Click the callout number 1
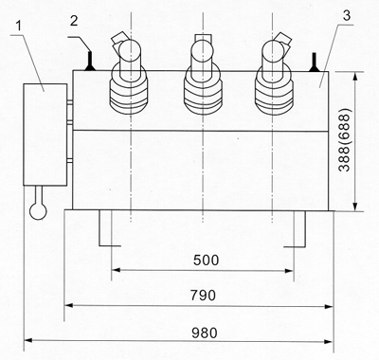pos(20,26)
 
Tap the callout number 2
pos(74,21)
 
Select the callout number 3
pos(347,16)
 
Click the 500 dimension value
pos(206,261)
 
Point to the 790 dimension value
pos(203,296)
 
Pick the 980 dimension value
pos(205,333)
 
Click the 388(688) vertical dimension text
pos(344,140)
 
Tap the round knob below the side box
pos(38,210)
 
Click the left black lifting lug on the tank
pos(90,62)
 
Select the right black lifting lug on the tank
pos(315,62)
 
